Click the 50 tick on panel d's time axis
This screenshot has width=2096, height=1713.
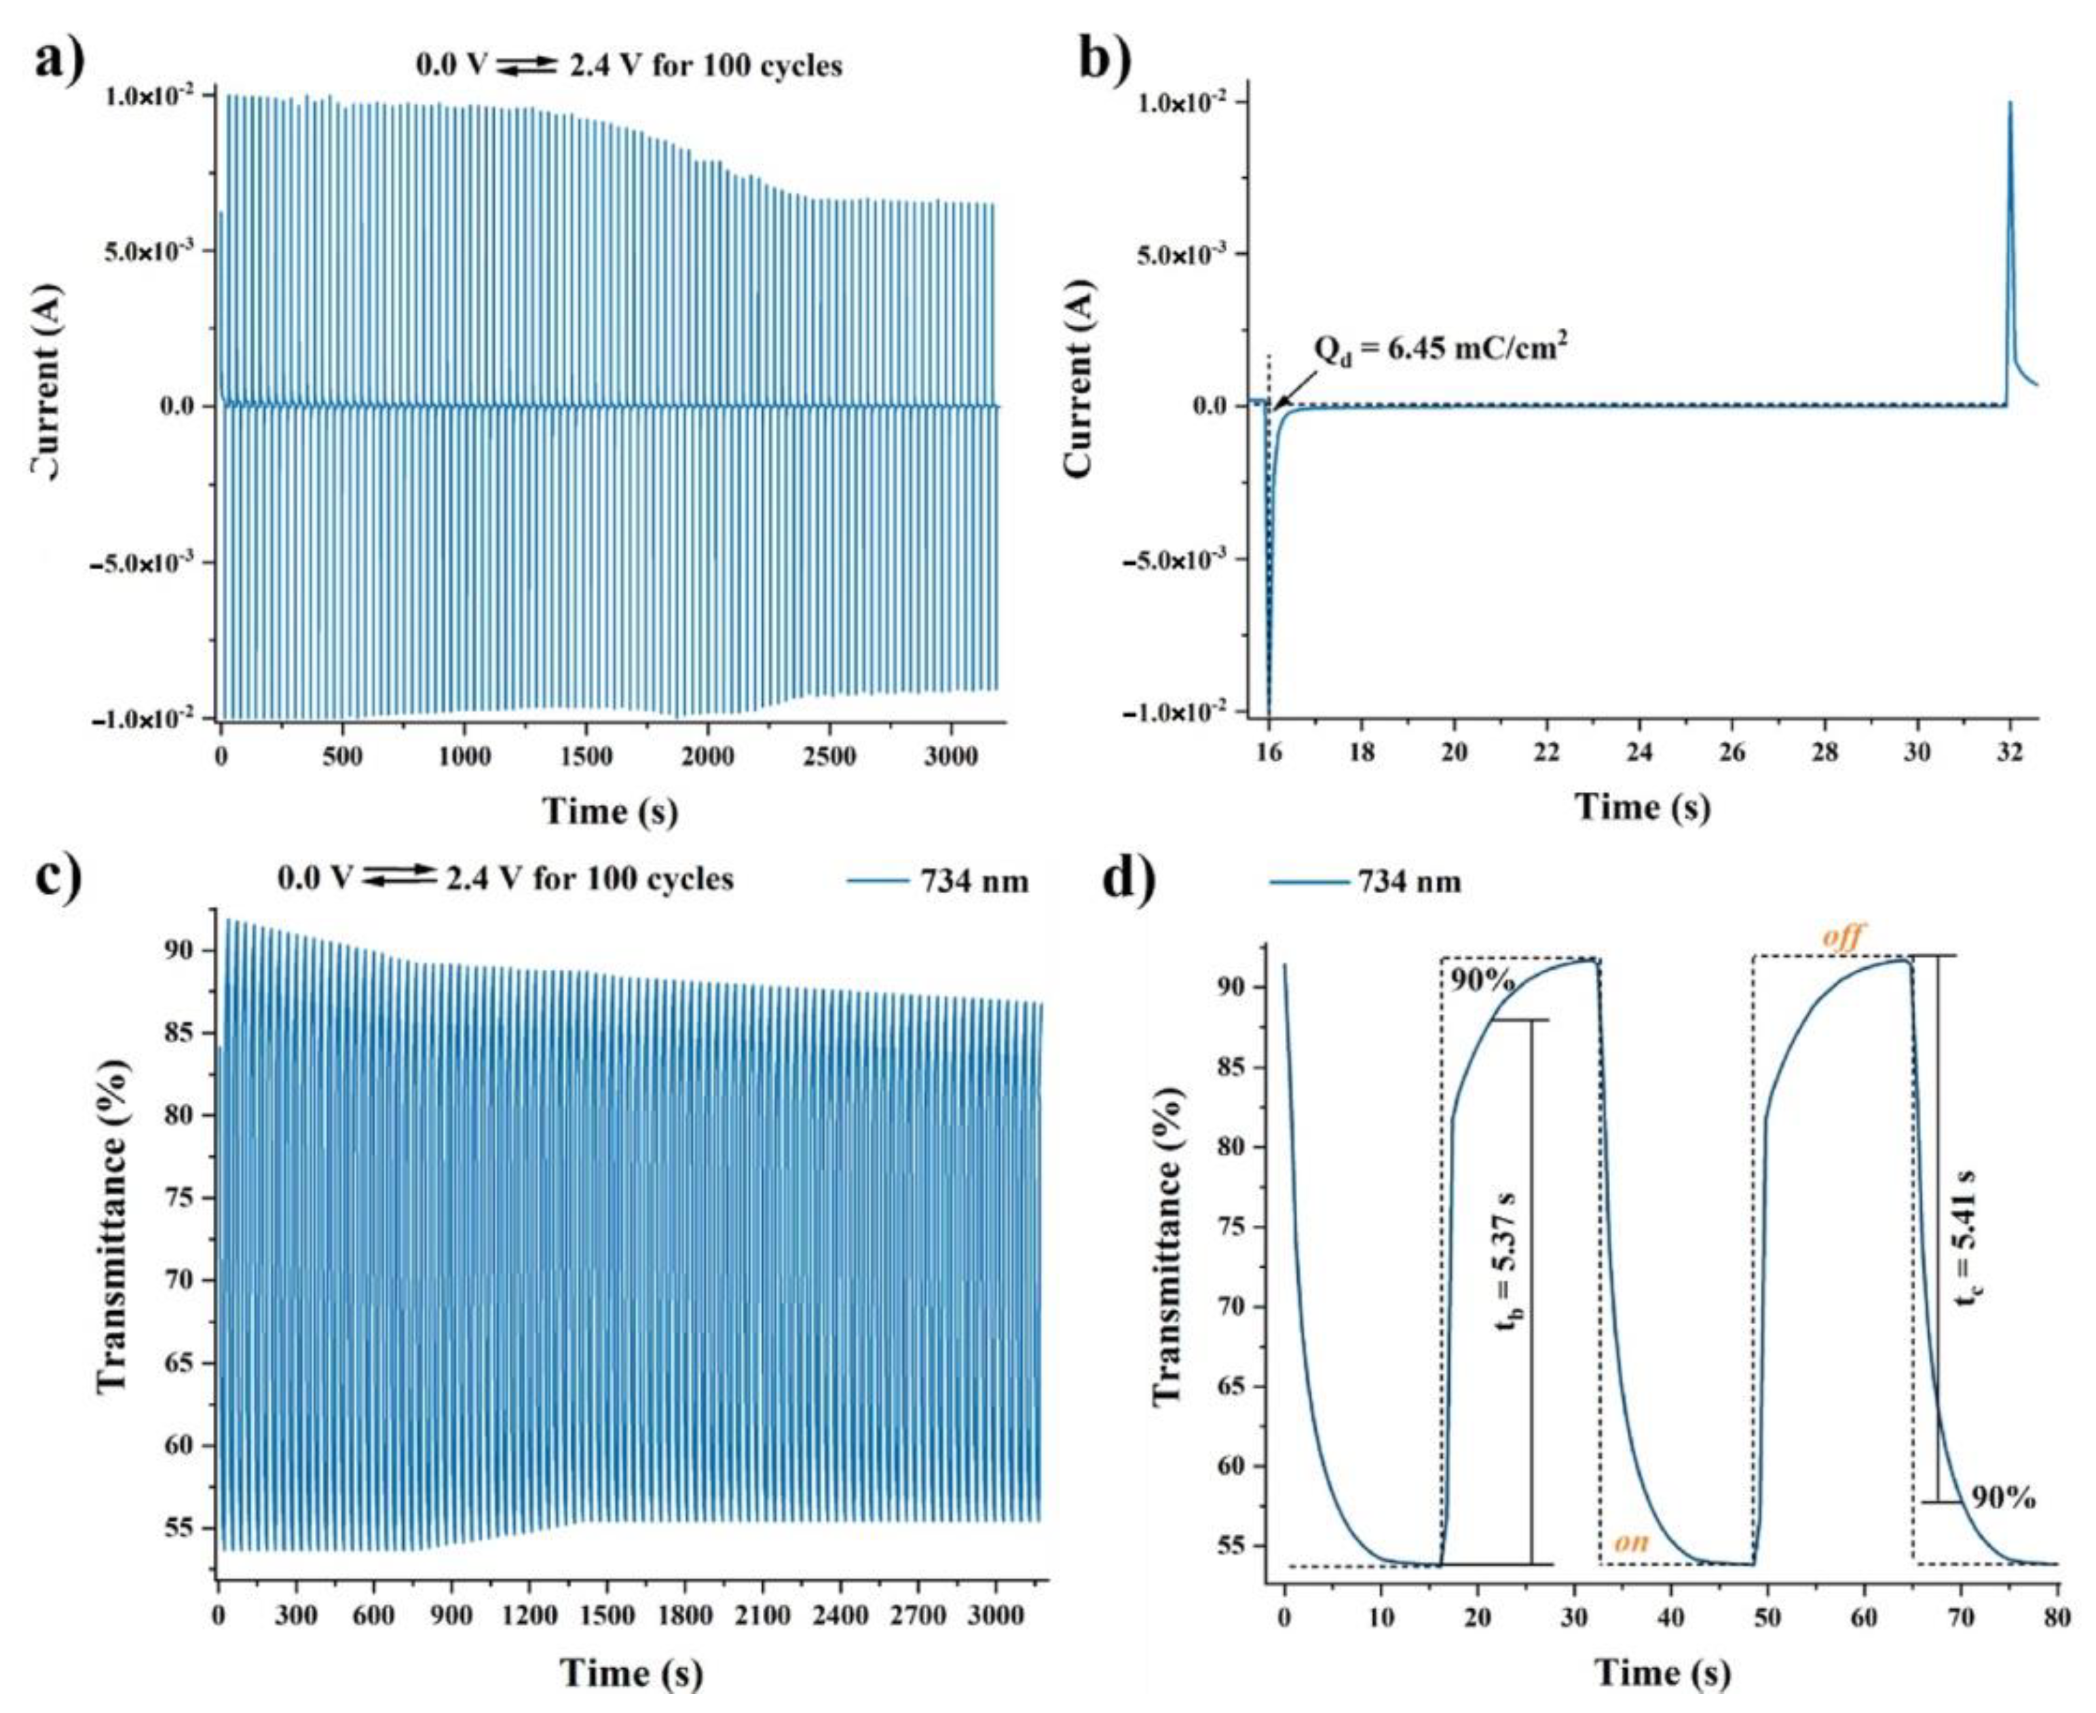coord(1766,1615)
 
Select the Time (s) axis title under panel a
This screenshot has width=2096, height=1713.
coord(610,811)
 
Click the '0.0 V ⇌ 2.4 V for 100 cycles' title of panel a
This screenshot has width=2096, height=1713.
coord(629,66)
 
